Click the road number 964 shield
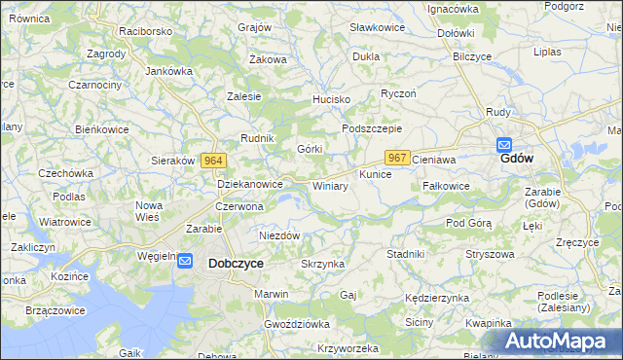point(214,161)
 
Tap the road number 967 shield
point(396,157)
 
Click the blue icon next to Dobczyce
point(188,262)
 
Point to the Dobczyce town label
point(235,263)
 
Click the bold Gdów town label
point(516,159)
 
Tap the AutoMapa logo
point(555,341)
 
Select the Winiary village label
point(330,185)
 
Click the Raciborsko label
point(145,31)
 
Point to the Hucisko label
point(330,100)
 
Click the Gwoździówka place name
point(297,323)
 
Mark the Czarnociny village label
point(94,86)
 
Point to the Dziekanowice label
point(249,183)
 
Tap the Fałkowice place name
point(447,185)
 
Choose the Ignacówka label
point(454,9)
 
